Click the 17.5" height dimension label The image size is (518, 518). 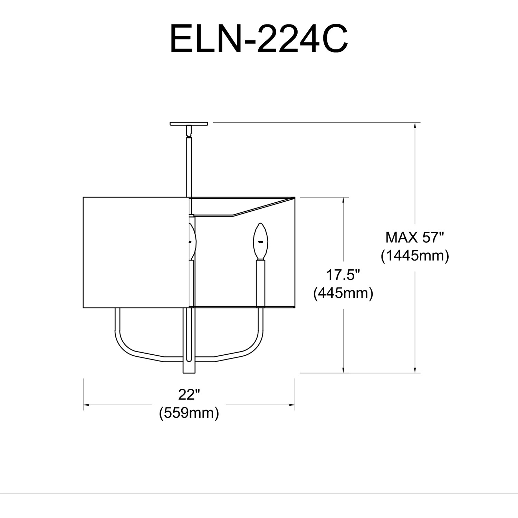click(x=343, y=275)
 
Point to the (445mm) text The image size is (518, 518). click(x=343, y=293)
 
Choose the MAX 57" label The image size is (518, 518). click(x=415, y=237)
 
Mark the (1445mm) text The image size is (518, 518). click(x=415, y=256)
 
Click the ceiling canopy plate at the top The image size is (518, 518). click(x=189, y=123)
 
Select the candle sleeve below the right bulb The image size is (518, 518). click(x=260, y=283)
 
